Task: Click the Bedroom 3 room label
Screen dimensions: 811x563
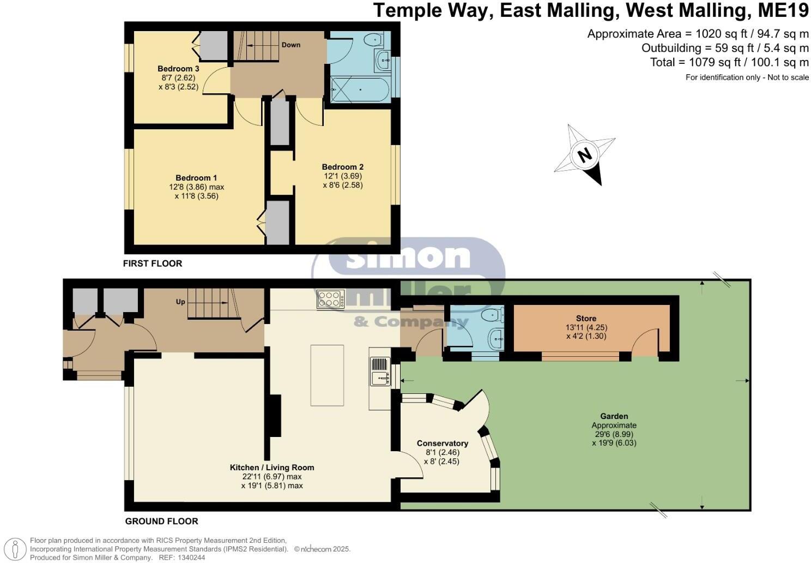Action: tap(178, 69)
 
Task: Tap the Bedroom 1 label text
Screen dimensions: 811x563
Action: tap(196, 178)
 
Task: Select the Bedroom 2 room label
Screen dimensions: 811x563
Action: tap(342, 167)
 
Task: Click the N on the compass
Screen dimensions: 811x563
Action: tap(584, 155)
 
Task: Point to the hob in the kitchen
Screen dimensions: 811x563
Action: tap(330, 300)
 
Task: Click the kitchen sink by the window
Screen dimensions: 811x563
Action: tap(380, 372)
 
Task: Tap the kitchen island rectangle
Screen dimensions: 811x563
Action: tap(327, 375)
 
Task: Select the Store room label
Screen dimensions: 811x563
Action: tap(586, 319)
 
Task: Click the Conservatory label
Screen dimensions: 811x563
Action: tap(443, 444)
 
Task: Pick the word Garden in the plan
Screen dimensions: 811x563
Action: tap(614, 416)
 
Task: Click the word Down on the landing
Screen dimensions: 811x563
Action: tap(291, 45)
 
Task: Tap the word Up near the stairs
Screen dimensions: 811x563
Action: tap(180, 302)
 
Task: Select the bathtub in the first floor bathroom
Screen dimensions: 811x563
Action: tap(360, 89)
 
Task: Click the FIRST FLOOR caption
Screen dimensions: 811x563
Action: tap(153, 263)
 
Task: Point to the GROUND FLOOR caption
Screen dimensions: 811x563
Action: tap(161, 522)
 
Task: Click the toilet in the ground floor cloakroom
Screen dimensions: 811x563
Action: tap(494, 315)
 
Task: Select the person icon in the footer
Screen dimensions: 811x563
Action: tap(15, 549)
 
